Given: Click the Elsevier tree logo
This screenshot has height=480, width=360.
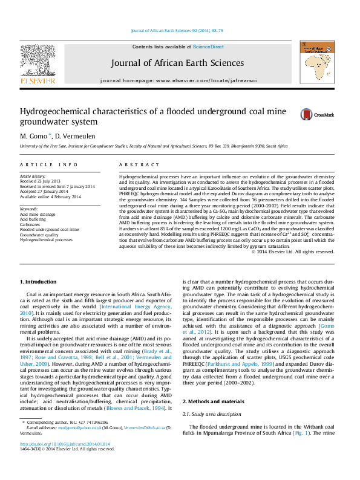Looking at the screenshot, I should (38, 60).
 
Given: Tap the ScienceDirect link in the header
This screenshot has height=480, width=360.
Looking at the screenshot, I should (208, 47).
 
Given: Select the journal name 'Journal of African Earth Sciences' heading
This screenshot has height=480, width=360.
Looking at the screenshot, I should (177, 63).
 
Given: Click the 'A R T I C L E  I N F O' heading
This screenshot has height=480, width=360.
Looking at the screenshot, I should (49, 164).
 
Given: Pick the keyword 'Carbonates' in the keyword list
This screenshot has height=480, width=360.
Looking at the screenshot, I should (30, 224).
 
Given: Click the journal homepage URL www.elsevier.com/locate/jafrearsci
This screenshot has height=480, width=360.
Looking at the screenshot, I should (206, 80).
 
